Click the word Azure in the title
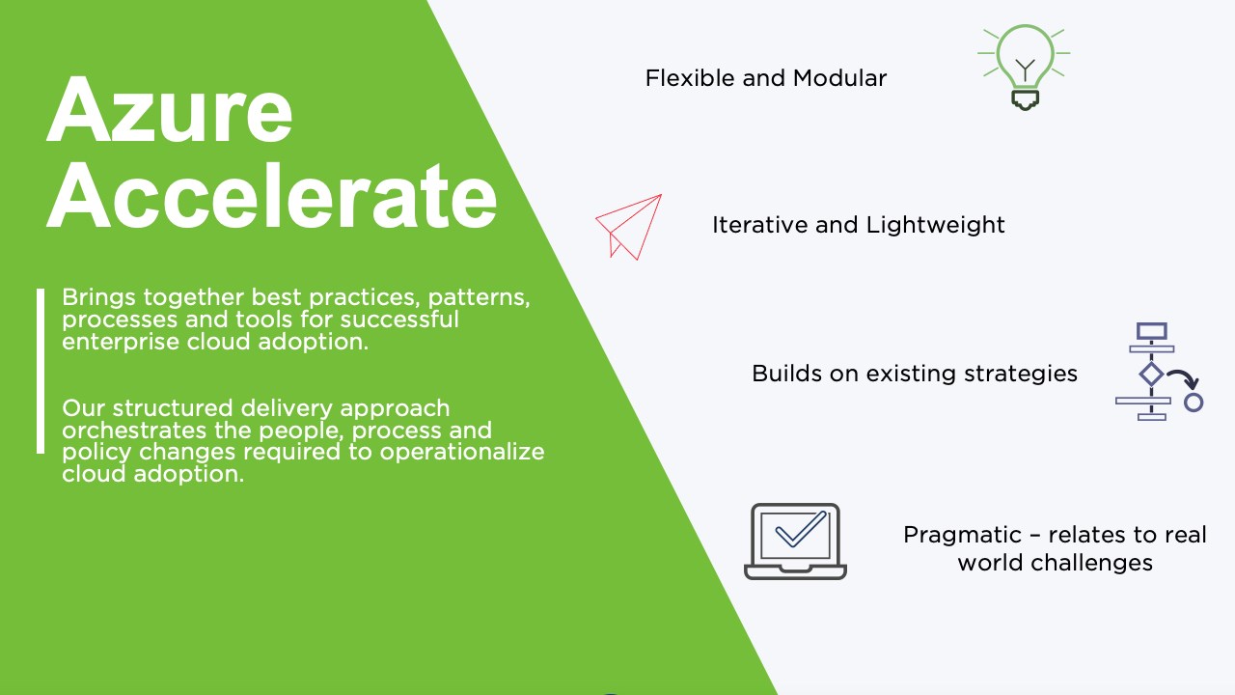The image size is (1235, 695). (169, 110)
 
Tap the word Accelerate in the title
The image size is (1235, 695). (272, 196)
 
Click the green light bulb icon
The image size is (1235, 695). (1024, 68)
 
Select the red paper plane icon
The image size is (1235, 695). (628, 226)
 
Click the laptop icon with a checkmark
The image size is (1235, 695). (795, 542)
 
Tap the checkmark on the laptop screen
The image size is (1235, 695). (801, 529)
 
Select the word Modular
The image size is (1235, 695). (839, 78)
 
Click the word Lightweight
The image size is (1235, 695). (935, 226)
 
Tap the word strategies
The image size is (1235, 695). (1021, 374)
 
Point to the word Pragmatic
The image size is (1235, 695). (962, 536)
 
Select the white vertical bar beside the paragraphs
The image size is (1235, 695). (41, 372)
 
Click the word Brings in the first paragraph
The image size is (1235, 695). (98, 298)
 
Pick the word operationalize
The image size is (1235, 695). (462, 453)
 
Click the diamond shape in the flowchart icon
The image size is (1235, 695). (1151, 375)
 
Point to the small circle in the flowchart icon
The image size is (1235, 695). (1194, 403)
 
